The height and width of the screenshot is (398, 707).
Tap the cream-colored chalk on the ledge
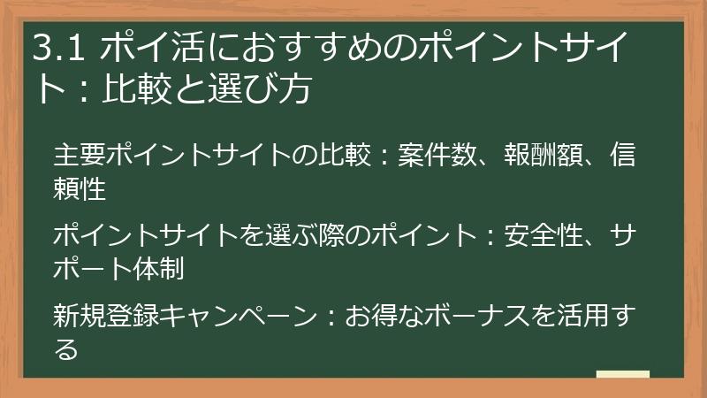(x=623, y=374)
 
